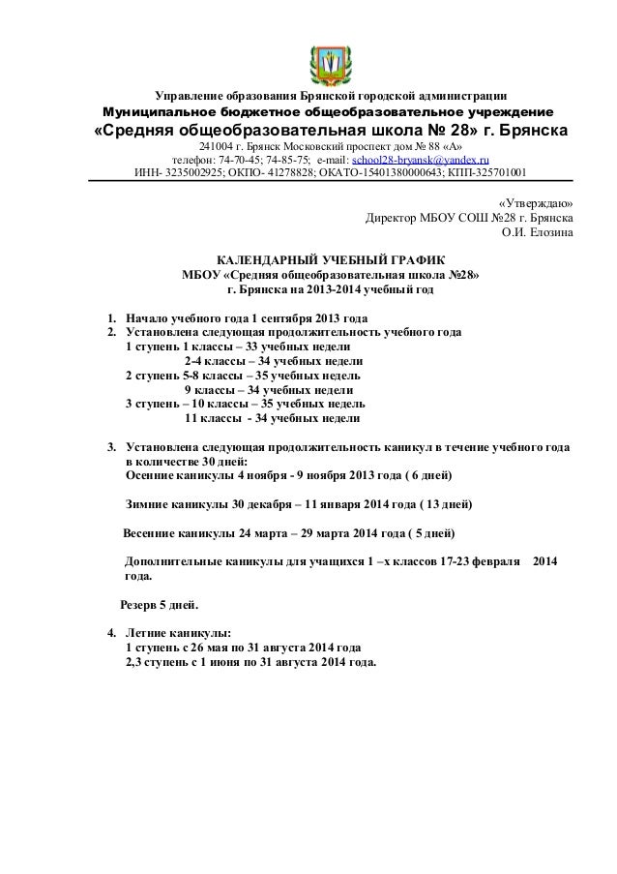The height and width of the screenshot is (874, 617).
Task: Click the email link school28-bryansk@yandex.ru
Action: click(421, 160)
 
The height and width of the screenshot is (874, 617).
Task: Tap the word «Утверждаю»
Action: click(534, 204)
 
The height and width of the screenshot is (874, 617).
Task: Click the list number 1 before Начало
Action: click(111, 318)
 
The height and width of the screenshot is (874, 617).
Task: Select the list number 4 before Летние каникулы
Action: click(111, 633)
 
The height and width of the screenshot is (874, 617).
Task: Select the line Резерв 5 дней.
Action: click(158, 605)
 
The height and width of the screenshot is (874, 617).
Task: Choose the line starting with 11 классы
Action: click(272, 419)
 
